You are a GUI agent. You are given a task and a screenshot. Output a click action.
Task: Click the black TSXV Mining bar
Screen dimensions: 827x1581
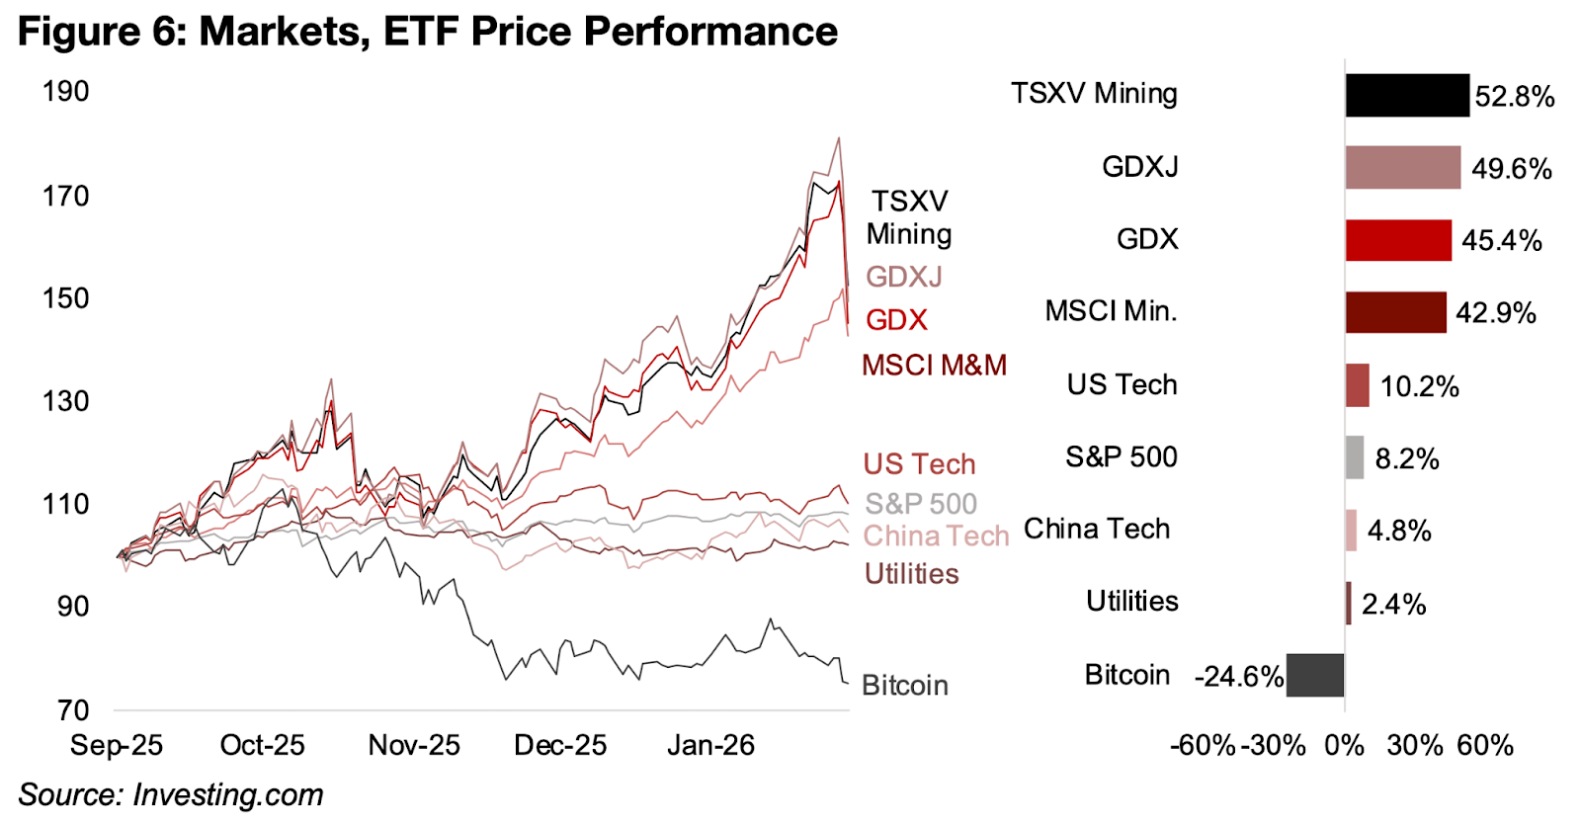(1406, 95)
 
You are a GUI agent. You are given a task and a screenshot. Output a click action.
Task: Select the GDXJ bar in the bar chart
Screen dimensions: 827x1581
(1402, 167)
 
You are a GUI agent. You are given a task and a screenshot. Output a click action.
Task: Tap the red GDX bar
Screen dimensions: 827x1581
(1398, 239)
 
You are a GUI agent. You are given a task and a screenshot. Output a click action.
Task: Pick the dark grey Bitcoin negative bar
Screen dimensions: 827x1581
(1315, 675)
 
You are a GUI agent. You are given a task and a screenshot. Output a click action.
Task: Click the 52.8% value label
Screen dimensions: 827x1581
(1515, 96)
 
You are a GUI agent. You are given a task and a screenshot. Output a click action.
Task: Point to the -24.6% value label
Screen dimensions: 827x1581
(1238, 677)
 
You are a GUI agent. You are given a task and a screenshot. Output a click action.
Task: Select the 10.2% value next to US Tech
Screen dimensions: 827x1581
(1419, 386)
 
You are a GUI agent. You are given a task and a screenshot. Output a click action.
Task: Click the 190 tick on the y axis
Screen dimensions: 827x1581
(65, 92)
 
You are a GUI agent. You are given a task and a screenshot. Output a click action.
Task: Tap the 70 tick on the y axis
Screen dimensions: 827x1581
(72, 709)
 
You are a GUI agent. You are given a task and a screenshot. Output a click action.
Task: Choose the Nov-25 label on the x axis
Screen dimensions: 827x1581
(414, 745)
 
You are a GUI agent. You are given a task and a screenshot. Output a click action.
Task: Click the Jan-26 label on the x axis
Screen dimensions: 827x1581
(710, 745)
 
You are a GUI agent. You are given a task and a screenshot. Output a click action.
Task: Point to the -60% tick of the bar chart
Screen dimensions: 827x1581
(1202, 745)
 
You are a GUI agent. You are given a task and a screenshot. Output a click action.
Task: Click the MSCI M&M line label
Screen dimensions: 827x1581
(934, 366)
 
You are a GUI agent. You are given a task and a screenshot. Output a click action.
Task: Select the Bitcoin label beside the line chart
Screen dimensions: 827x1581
(904, 685)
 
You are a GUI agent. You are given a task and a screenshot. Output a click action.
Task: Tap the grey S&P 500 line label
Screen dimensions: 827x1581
(921, 504)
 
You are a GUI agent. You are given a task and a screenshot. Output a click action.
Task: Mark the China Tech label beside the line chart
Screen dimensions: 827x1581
(936, 536)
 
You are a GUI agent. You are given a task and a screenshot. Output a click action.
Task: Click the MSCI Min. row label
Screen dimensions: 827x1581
(1111, 311)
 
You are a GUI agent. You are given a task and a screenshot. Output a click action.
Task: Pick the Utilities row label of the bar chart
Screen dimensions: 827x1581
(1131, 601)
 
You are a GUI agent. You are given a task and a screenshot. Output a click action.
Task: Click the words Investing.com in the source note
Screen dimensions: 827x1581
(227, 794)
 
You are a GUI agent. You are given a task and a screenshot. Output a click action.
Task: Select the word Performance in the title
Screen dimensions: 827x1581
(710, 32)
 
